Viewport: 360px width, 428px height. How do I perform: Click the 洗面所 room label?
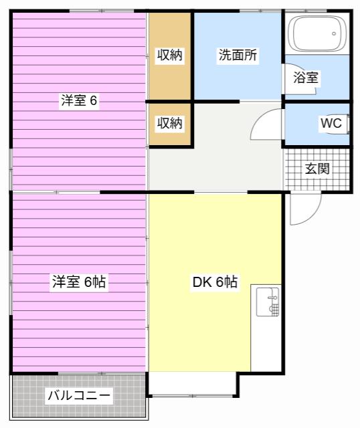[238, 55]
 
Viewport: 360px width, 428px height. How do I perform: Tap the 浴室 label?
[306, 78]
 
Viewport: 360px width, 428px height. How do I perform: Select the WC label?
[331, 123]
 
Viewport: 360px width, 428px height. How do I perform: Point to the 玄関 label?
[317, 169]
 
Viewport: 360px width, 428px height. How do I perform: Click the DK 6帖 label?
[215, 282]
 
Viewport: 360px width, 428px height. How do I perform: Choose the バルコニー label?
[79, 395]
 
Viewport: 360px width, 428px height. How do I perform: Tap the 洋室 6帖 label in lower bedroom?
[79, 282]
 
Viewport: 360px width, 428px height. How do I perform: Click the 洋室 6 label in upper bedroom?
[79, 100]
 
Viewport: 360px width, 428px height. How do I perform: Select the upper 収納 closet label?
[169, 55]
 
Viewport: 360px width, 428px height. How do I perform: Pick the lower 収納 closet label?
[169, 123]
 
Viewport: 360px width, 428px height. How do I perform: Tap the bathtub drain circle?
[334, 34]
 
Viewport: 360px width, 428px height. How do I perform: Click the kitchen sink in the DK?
[268, 302]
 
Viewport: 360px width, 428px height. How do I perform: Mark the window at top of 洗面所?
[260, 11]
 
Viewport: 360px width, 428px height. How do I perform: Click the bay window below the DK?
[193, 395]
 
